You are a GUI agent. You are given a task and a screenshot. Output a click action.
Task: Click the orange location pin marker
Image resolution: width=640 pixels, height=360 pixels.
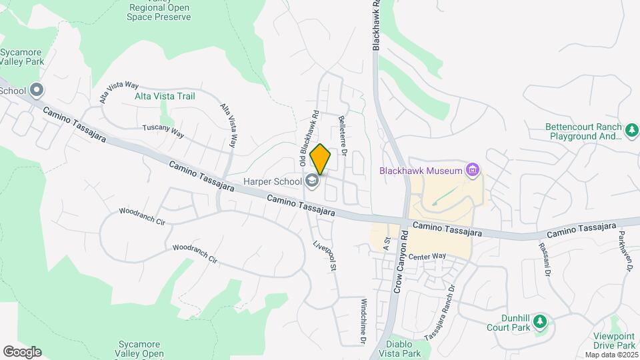pyautogui.click(x=320, y=159)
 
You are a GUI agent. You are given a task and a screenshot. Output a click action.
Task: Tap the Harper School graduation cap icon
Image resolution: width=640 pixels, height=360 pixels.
pyautogui.click(x=311, y=180)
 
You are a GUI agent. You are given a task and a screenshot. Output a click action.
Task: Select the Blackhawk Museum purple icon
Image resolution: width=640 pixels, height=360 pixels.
pyautogui.click(x=473, y=170)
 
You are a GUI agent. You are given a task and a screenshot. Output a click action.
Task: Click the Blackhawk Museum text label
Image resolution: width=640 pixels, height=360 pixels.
pyautogui.click(x=422, y=170)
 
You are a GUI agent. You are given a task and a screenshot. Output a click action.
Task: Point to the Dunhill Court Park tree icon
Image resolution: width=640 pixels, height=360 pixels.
pyautogui.click(x=541, y=322)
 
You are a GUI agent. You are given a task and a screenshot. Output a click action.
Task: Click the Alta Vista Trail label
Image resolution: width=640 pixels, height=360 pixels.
pyautogui.click(x=165, y=96)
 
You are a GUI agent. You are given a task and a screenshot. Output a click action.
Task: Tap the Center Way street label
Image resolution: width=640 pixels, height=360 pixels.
pyautogui.click(x=427, y=256)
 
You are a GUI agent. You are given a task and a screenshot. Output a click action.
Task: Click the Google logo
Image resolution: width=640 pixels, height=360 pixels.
pyautogui.click(x=22, y=352)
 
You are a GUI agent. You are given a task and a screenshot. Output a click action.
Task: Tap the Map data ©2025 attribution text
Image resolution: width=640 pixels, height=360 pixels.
pyautogui.click(x=611, y=355)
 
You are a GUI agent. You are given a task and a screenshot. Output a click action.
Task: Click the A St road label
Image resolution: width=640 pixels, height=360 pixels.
pyautogui.click(x=385, y=243)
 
